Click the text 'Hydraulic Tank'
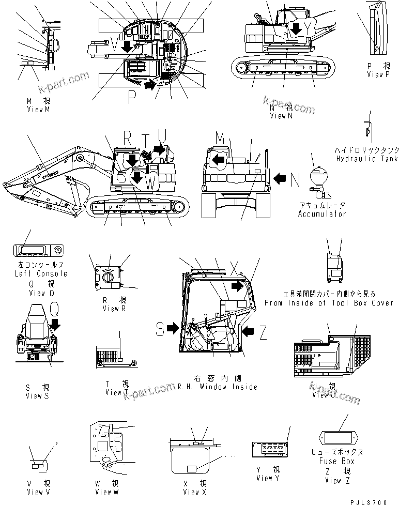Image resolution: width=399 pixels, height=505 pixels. point(366,159)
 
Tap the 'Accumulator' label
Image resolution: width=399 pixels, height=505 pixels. point(321,213)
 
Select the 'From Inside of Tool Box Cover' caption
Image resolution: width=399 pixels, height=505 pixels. point(329,303)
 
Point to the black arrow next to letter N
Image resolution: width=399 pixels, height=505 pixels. point(279,179)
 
